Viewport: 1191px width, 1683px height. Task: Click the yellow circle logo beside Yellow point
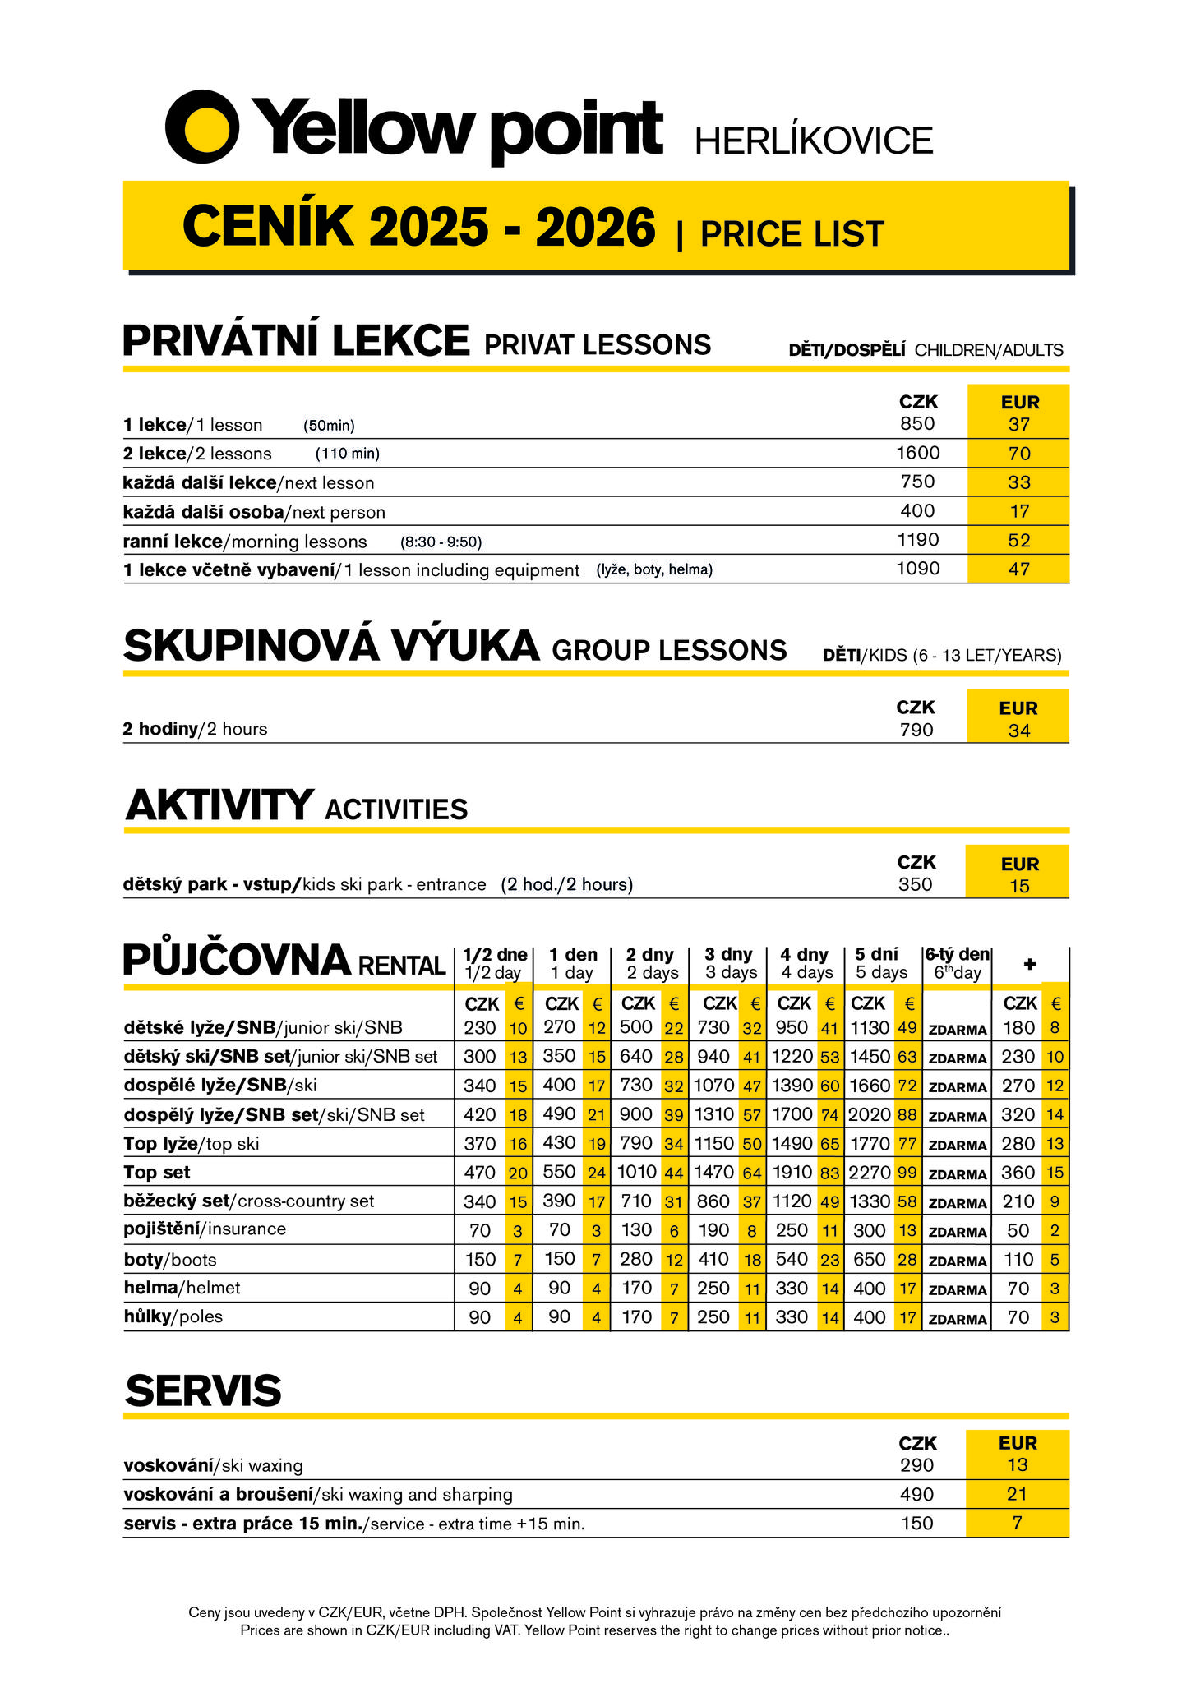(x=202, y=127)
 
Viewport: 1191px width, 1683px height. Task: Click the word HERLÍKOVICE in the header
(x=814, y=141)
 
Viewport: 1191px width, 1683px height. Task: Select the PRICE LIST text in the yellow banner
(x=792, y=234)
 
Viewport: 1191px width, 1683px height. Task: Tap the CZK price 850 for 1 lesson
(x=917, y=424)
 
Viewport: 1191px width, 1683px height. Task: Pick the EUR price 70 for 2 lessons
(x=1019, y=454)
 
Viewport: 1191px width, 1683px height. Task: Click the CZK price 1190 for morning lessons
(x=917, y=540)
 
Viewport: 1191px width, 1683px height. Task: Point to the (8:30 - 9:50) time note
(x=441, y=542)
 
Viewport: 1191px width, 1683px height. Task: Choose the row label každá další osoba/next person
(x=254, y=512)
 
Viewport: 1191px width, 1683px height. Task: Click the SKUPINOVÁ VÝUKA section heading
(x=331, y=646)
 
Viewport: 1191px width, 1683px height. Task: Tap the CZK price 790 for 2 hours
(x=916, y=730)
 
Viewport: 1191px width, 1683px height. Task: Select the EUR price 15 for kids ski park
(x=1019, y=886)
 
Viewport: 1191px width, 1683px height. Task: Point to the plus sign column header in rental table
(x=1030, y=964)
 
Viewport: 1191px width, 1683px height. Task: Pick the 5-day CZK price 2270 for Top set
(x=869, y=1173)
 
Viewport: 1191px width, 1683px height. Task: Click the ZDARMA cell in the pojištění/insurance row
(x=957, y=1233)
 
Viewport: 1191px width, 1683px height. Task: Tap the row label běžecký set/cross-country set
(x=248, y=1201)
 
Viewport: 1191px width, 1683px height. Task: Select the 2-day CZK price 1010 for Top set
(x=636, y=1173)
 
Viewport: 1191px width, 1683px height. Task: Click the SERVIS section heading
(x=203, y=1390)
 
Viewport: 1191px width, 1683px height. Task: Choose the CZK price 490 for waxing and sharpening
(x=916, y=1494)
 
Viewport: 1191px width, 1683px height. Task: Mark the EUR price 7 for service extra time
(x=1018, y=1523)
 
